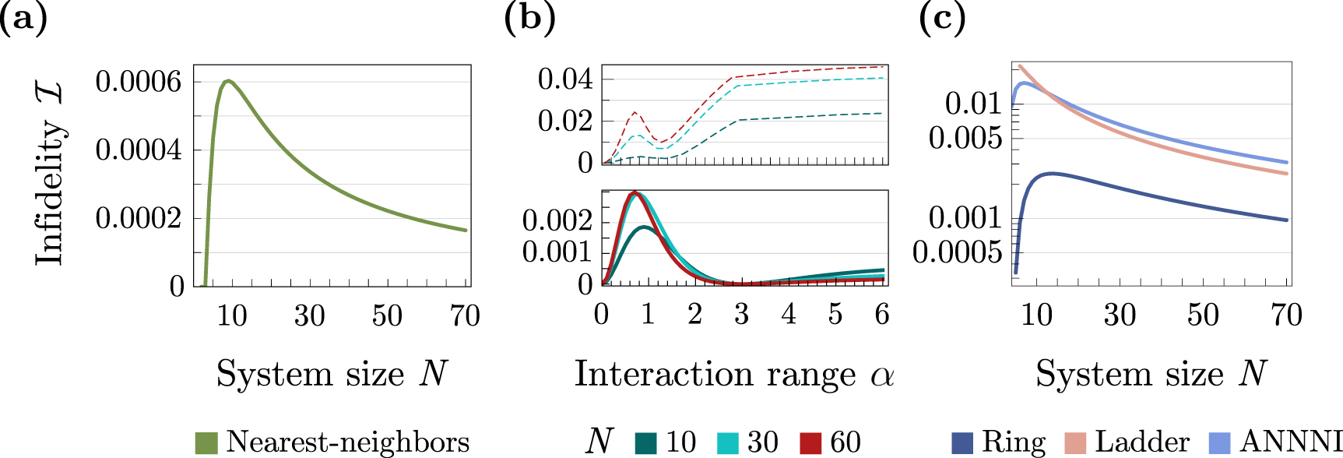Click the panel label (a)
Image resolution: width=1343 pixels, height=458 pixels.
(x=23, y=17)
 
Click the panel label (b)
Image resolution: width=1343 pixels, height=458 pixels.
(x=529, y=17)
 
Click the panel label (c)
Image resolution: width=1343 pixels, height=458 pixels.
(x=942, y=17)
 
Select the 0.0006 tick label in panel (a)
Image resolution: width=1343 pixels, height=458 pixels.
(x=138, y=81)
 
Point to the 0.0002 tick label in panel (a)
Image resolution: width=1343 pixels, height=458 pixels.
(x=138, y=217)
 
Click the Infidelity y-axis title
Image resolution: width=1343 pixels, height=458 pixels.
(x=49, y=175)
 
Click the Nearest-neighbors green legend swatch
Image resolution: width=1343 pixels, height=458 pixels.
(x=206, y=442)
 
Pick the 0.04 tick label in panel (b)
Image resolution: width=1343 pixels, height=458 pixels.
(x=564, y=79)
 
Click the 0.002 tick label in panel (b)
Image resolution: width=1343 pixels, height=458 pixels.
(x=557, y=220)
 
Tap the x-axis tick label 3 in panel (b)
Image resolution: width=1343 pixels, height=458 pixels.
(x=741, y=314)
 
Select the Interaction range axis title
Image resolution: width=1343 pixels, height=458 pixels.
(x=733, y=374)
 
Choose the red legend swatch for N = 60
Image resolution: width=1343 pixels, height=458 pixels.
(x=810, y=442)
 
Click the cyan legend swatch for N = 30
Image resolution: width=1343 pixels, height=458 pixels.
(x=728, y=442)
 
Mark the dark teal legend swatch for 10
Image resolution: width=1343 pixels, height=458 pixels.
(x=646, y=442)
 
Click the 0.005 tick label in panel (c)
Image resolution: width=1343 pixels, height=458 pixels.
(x=965, y=138)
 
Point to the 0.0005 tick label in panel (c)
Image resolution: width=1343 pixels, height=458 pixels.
(x=957, y=252)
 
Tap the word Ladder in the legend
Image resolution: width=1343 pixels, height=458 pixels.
(x=1142, y=442)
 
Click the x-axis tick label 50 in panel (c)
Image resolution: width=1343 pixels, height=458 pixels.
(x=1203, y=315)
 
